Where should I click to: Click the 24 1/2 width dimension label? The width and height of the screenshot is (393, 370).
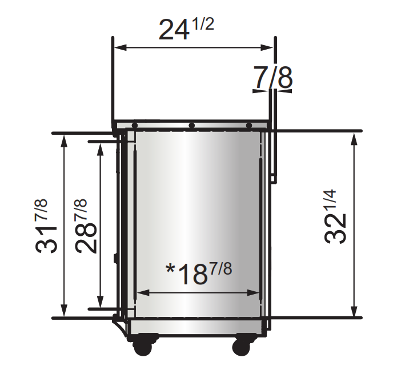pyautogui.click(x=185, y=29)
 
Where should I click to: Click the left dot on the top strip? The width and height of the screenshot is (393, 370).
pyautogui.click(x=134, y=125)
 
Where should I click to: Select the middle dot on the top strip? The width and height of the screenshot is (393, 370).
pyautogui.click(x=192, y=125)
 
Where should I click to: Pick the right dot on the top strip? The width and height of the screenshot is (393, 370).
pyautogui.click(x=249, y=125)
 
